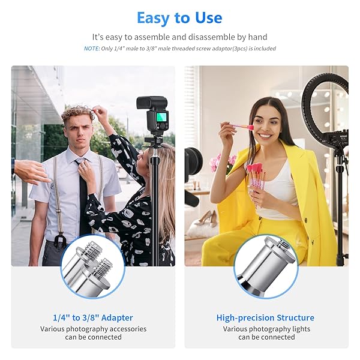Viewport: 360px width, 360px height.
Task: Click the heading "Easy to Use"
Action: point(179,18)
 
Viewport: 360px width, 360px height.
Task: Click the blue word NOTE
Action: point(91,49)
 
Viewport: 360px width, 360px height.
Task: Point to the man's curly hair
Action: point(77,113)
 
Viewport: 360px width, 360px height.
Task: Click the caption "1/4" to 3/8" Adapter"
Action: point(93,317)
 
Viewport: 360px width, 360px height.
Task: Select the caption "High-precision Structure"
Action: point(265,317)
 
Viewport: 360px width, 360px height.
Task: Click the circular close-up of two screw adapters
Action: point(93,266)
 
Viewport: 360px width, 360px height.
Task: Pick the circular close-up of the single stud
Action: point(265,266)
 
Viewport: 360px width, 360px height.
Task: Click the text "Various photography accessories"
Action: point(93,329)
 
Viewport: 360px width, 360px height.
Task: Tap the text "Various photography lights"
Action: point(266,329)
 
